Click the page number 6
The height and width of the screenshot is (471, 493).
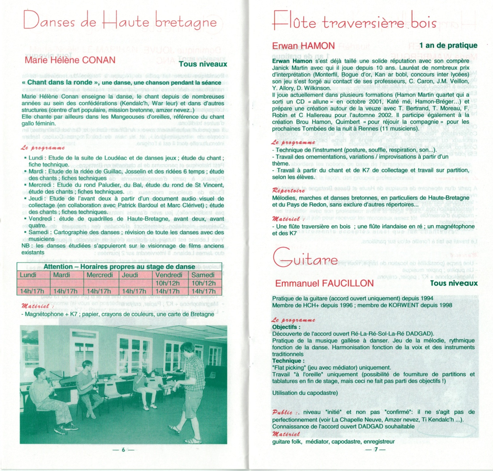pos(123,450)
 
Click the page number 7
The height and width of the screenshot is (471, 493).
pos(376,450)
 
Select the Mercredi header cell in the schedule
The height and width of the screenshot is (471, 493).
pos(100,275)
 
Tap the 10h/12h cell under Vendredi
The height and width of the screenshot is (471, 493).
pos(167,283)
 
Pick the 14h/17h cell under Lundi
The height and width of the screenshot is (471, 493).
pos(32,291)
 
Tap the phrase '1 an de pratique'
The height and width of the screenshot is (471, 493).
pos(448,45)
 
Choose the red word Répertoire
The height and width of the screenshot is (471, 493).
pos(288,190)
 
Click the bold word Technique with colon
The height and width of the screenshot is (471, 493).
pos(288,361)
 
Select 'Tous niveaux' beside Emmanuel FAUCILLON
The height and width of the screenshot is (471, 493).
pos(454,283)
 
